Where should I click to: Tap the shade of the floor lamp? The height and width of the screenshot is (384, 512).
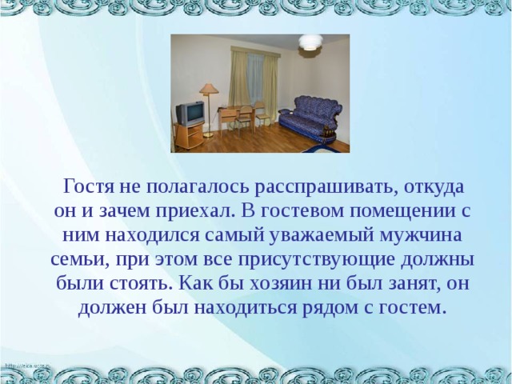pyautogui.click(x=209, y=88)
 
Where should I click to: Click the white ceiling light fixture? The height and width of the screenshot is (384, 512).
pyautogui.click(x=310, y=42)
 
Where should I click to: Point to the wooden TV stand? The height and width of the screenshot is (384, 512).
pyautogui.click(x=189, y=136)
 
